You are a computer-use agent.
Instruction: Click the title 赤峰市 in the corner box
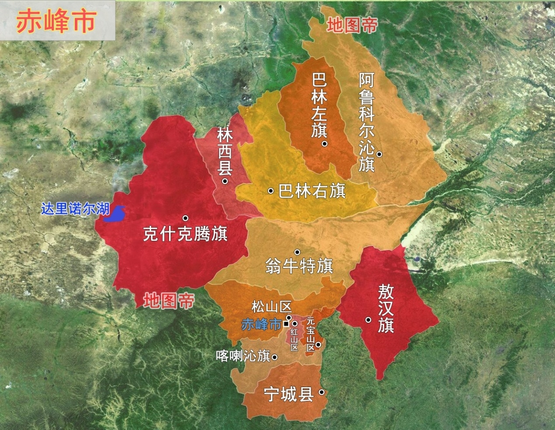[56, 21]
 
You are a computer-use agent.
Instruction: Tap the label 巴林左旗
[319, 105]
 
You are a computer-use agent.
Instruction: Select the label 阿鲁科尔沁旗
[367, 122]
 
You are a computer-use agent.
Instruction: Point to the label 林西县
[225, 151]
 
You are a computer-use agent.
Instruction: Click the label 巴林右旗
[312, 191]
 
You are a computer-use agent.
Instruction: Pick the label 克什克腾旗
[185, 234]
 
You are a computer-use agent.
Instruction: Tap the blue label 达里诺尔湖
[75, 209]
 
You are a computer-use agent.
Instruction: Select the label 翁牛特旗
[299, 266]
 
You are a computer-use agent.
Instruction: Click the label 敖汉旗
[386, 308]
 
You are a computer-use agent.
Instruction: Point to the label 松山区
[271, 307]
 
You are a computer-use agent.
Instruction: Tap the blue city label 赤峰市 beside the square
[261, 324]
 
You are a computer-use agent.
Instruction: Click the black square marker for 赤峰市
[286, 324]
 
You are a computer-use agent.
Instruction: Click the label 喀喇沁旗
[243, 356]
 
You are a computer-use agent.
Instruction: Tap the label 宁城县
[288, 395]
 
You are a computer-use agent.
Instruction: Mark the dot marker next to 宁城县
[321, 392]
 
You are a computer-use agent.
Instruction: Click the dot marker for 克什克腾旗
[186, 218]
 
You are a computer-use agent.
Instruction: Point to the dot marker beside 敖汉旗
[369, 320]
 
